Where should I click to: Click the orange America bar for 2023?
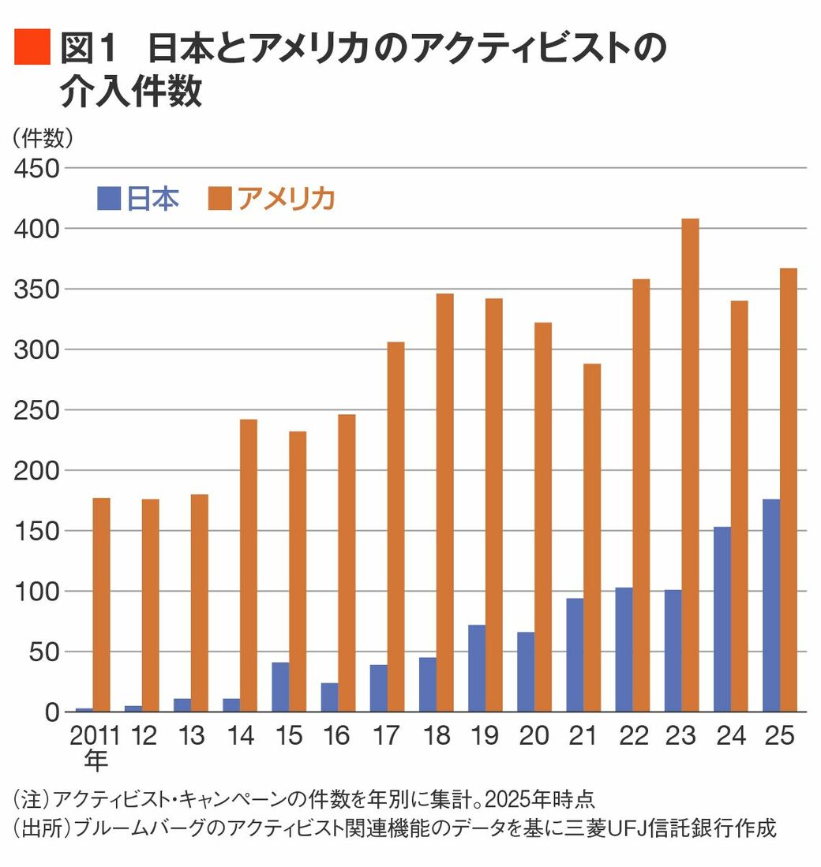pyautogui.click(x=690, y=465)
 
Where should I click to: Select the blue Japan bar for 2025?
pyautogui.click(x=771, y=605)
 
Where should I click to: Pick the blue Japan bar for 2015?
pyautogui.click(x=280, y=686)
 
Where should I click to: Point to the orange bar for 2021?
pyautogui.click(x=592, y=537)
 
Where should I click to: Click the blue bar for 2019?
pyautogui.click(x=476, y=668)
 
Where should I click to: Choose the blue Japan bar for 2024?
pyautogui.click(x=722, y=619)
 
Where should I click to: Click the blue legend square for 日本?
pyautogui.click(x=108, y=199)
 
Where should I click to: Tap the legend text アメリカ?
pyautogui.click(x=286, y=199)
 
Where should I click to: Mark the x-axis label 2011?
pyautogui.click(x=95, y=736)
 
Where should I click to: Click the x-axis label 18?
pyautogui.click(x=436, y=736)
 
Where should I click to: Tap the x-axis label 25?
pyautogui.click(x=779, y=736)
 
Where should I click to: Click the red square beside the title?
pyautogui.click(x=32, y=47)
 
